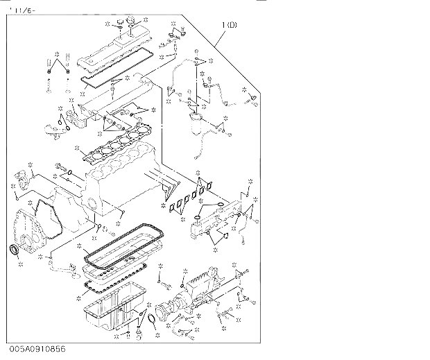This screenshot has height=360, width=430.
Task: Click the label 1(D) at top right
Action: tap(230, 26)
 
